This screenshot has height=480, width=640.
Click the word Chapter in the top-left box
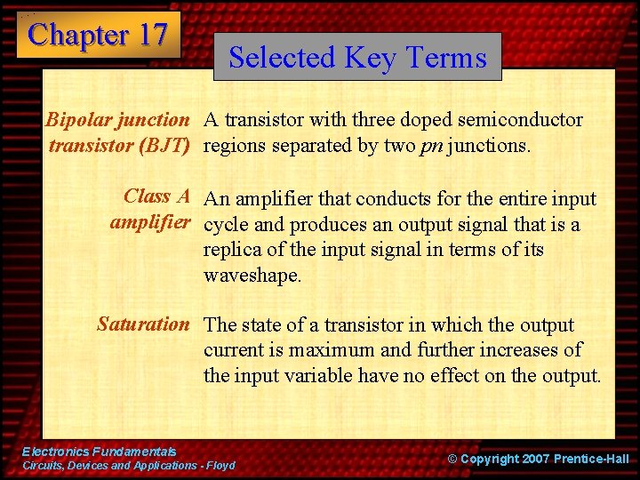tap(77, 35)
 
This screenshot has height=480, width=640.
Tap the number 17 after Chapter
tap(150, 35)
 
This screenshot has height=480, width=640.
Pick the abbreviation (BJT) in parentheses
tap(162, 145)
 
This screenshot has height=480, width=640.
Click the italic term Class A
tap(157, 196)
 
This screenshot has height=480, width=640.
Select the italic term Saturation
tap(143, 324)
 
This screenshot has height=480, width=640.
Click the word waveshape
tap(252, 276)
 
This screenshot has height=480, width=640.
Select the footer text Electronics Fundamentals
tap(99, 452)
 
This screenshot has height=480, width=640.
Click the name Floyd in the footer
tap(222, 466)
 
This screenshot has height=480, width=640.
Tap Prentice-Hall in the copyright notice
tap(591, 459)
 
